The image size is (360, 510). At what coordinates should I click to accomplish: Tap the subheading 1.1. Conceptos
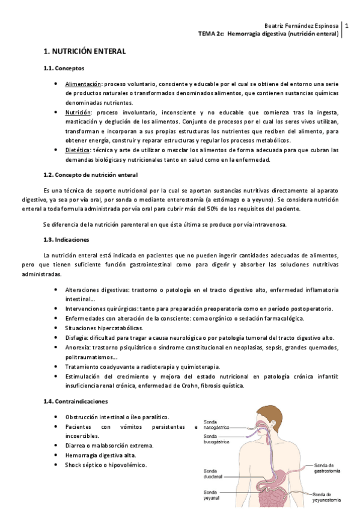coord(64,69)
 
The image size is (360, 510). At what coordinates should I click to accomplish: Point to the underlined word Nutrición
coord(78,112)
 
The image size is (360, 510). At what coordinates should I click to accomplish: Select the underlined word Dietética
coord(78,150)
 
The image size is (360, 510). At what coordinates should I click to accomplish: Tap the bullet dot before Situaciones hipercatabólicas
coord(56,328)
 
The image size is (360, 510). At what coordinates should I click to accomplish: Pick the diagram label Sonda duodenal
coord(214,474)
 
